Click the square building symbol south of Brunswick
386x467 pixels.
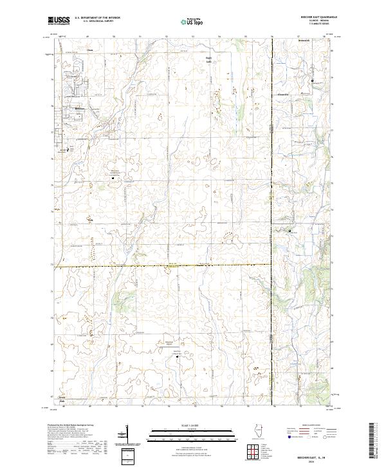313,81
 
